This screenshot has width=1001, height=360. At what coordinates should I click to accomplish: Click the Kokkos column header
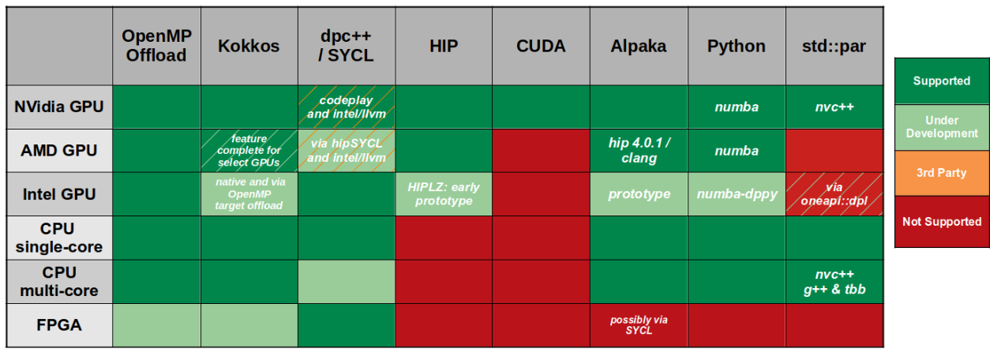tap(249, 46)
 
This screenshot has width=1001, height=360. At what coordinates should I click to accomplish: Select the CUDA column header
tap(541, 46)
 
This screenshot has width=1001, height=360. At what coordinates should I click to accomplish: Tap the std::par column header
tap(834, 46)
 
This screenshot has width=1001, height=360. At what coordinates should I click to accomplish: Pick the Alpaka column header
tap(639, 46)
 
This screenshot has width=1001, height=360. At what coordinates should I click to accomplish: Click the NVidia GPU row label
tap(59, 107)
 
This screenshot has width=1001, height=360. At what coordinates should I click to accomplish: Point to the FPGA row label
tap(59, 325)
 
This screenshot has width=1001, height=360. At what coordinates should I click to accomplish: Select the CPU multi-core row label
tap(59, 281)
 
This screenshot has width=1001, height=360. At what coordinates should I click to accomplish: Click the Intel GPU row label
tap(59, 194)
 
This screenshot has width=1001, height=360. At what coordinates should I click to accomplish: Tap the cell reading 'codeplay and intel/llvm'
tap(347, 107)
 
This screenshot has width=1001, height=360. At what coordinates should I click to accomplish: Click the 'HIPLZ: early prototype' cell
tap(444, 194)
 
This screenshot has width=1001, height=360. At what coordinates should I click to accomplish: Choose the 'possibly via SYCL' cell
tap(639, 325)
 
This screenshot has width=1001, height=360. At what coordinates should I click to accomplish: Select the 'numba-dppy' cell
tap(737, 194)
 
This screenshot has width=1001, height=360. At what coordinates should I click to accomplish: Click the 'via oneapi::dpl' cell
tap(834, 194)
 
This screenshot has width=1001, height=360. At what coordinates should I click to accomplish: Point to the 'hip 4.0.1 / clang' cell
tap(639, 151)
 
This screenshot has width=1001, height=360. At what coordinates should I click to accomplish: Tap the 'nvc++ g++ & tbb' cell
tap(834, 281)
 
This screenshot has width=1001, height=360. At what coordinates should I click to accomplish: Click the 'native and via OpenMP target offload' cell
tap(249, 194)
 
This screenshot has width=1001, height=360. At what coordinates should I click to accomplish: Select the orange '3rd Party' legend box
tap(942, 174)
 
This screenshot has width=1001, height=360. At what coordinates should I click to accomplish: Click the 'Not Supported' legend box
tap(942, 222)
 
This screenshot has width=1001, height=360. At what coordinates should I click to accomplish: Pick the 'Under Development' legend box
tap(942, 127)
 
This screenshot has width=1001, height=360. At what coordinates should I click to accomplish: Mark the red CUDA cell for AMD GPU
tap(541, 151)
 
